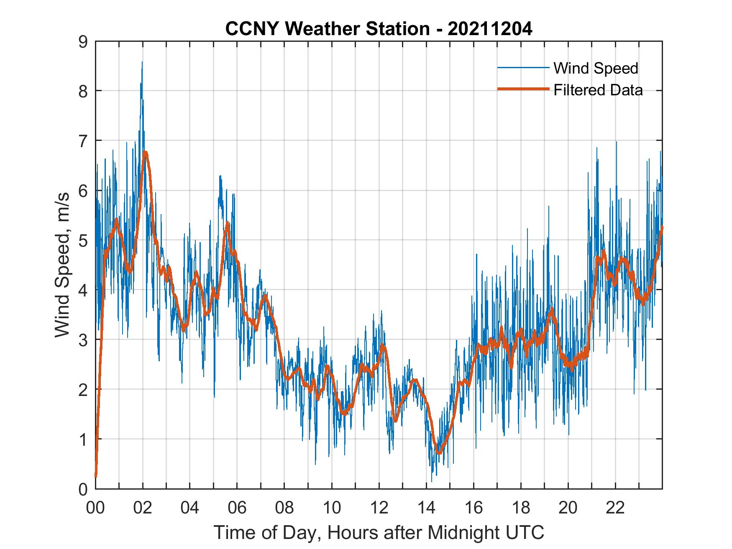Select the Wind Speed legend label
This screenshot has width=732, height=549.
click(596, 68)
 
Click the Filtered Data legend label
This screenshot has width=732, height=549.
click(598, 90)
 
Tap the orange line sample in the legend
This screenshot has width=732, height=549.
click(523, 89)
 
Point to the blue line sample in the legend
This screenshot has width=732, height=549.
click(523, 68)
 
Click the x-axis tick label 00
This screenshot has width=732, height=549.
click(95, 508)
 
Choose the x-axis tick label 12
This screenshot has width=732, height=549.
click(379, 508)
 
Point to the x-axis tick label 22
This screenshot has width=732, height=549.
click(615, 508)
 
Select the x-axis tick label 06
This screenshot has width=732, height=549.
click(237, 508)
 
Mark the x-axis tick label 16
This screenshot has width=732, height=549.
click(473, 508)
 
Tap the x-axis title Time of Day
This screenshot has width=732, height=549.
click(379, 532)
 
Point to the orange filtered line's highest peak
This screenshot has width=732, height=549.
click(145, 153)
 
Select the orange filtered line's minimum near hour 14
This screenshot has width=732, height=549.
click(439, 452)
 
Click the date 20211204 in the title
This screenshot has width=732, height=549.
click(490, 29)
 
